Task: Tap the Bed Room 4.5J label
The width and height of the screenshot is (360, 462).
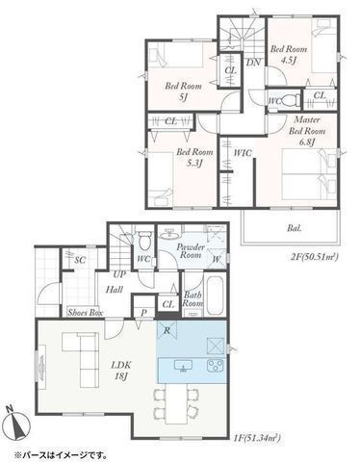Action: [288, 54]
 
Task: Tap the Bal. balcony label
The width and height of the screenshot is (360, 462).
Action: [294, 228]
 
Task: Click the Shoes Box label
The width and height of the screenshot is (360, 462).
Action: [86, 313]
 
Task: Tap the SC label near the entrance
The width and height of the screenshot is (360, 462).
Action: [80, 260]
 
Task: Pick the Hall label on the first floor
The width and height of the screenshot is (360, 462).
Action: [114, 288]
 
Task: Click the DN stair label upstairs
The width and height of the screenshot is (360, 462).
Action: [254, 63]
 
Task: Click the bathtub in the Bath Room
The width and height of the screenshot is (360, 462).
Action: [217, 297]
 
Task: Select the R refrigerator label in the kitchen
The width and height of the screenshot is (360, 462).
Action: [168, 330]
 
